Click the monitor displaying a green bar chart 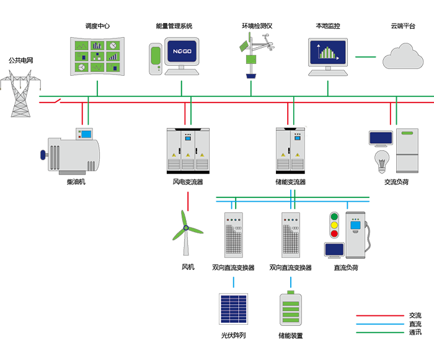click(327, 50)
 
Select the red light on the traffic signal click(335, 234)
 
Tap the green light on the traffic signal click(335, 217)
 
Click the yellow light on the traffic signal click(335, 225)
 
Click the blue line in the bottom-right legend click(368, 323)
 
